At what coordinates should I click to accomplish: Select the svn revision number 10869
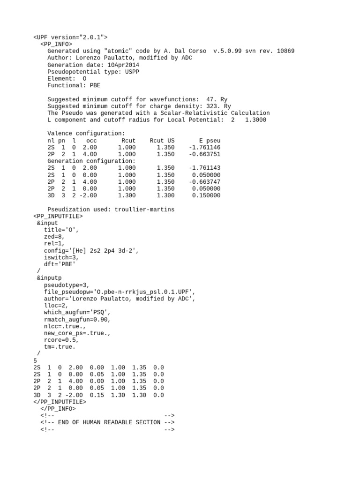coord(284,51)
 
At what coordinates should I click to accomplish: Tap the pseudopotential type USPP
coord(130,72)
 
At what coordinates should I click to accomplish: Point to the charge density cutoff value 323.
coord(213,106)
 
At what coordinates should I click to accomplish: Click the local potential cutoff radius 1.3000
coord(255,120)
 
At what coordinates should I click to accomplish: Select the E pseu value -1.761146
coord(204,147)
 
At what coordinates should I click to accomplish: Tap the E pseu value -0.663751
coord(204,154)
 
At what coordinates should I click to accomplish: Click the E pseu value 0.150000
coord(206,195)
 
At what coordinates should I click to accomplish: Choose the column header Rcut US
coord(162,141)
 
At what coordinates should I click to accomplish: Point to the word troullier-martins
coord(144,209)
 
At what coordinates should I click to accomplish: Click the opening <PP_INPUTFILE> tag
coord(58,216)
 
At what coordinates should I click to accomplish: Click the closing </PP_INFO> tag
coord(58,409)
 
